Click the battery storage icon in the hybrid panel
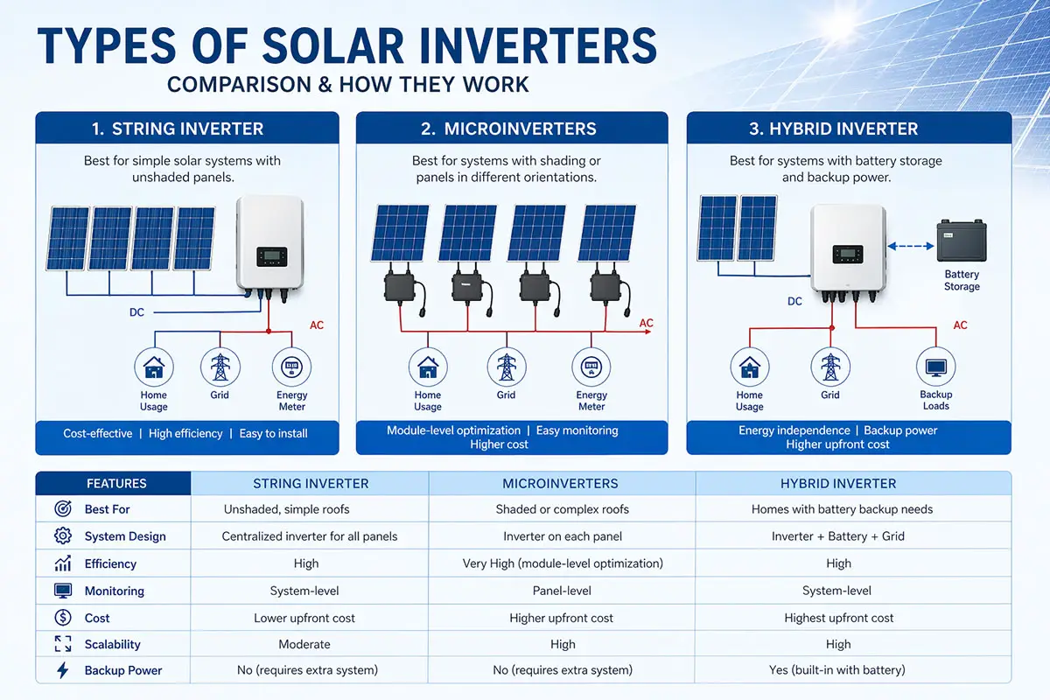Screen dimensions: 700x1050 click(961, 241)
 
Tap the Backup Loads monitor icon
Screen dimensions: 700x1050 click(935, 365)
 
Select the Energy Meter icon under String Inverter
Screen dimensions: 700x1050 click(291, 367)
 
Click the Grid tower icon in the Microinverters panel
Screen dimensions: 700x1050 click(506, 367)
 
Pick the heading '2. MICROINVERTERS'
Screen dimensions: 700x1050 click(508, 129)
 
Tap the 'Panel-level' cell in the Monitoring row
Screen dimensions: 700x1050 click(562, 591)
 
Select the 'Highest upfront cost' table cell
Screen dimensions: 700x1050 click(838, 618)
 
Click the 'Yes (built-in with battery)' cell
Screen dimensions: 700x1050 click(838, 670)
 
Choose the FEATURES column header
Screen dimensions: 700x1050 click(116, 483)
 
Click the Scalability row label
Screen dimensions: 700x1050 click(112, 644)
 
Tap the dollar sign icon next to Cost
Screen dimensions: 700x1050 click(63, 618)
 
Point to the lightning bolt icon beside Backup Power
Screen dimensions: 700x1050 click(63, 670)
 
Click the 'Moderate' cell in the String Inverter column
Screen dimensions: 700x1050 click(304, 644)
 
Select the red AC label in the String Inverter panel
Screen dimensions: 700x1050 click(317, 325)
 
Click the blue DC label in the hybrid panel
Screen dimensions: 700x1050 click(794, 302)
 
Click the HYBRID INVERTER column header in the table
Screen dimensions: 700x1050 click(838, 483)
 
